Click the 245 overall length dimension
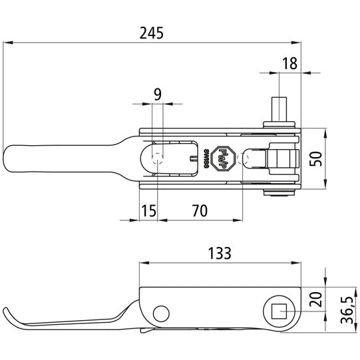152,33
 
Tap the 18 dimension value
289,63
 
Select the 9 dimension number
157,94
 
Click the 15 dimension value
148,211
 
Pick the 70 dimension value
198,211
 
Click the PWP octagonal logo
225,160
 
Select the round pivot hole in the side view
160,313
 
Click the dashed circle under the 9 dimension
158,158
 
